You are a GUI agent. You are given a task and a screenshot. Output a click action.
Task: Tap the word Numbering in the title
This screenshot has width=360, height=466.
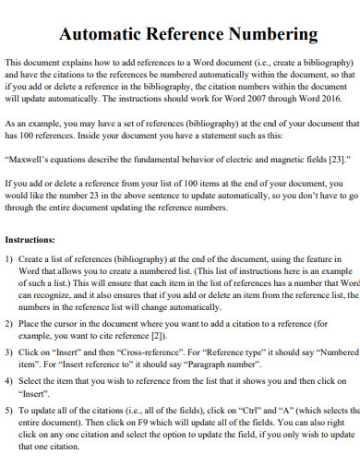[274, 35]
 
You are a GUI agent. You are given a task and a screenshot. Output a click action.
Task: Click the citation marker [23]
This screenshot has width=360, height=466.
[338, 159]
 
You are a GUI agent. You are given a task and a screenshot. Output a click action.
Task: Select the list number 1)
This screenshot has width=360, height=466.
[11, 260]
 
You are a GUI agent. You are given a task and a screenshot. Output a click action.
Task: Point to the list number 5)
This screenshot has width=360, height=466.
[11, 409]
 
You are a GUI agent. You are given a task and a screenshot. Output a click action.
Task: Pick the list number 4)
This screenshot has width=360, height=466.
[11, 380]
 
